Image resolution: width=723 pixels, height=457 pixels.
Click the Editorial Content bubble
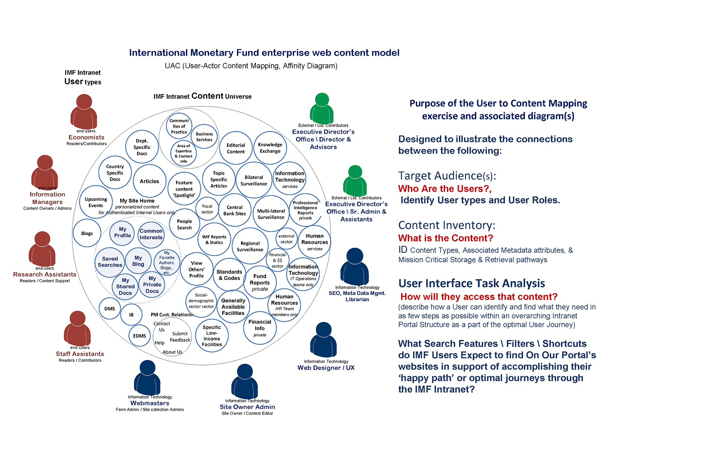236,148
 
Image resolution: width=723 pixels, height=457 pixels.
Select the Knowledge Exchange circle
270,148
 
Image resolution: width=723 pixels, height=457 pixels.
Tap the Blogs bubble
87,234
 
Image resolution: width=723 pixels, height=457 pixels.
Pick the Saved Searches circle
110,262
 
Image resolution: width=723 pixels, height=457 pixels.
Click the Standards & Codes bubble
229,275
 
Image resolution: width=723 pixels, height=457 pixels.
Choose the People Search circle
185,225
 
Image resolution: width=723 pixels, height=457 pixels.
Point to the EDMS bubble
139,336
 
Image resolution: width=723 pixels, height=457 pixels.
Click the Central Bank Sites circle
235,210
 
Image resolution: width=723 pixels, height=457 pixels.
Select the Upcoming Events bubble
96,202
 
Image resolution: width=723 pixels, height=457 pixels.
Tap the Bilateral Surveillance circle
254,180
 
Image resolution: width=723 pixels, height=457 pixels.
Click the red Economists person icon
84,112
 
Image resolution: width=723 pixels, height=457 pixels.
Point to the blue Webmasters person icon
147,378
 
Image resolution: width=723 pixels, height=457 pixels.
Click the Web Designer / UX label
326,368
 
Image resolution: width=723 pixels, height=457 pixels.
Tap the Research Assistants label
44,275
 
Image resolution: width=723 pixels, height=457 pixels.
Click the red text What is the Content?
445,238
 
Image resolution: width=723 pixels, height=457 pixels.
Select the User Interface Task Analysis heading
471,283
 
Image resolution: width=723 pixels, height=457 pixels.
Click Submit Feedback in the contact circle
180,337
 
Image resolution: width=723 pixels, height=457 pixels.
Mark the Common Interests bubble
151,234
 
